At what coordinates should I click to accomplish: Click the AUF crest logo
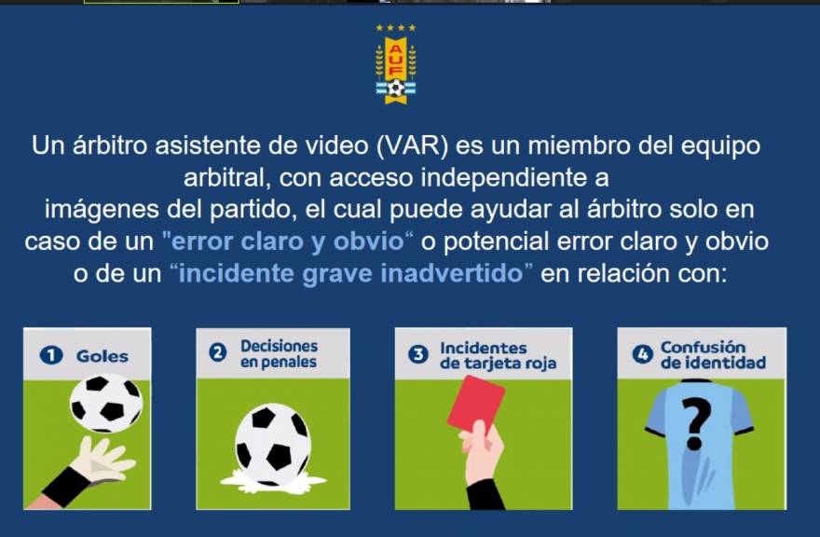(396, 70)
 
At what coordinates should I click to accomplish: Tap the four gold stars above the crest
(396, 28)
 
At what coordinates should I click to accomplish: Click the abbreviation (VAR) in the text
(413, 146)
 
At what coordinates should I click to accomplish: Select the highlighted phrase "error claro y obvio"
(288, 241)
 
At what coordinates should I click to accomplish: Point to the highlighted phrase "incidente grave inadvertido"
(350, 274)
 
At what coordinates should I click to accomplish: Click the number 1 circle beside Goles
(51, 356)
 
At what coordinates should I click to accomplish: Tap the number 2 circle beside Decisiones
(218, 352)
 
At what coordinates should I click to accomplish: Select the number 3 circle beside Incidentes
(418, 354)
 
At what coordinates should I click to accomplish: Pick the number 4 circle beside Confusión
(643, 354)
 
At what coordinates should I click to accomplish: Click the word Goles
(102, 356)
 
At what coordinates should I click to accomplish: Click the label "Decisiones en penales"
(279, 354)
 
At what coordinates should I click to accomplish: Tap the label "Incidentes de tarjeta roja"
(498, 355)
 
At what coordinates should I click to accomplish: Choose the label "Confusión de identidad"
(713, 355)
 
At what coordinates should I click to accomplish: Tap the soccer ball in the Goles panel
(106, 403)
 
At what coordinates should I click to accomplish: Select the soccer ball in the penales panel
(272, 445)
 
